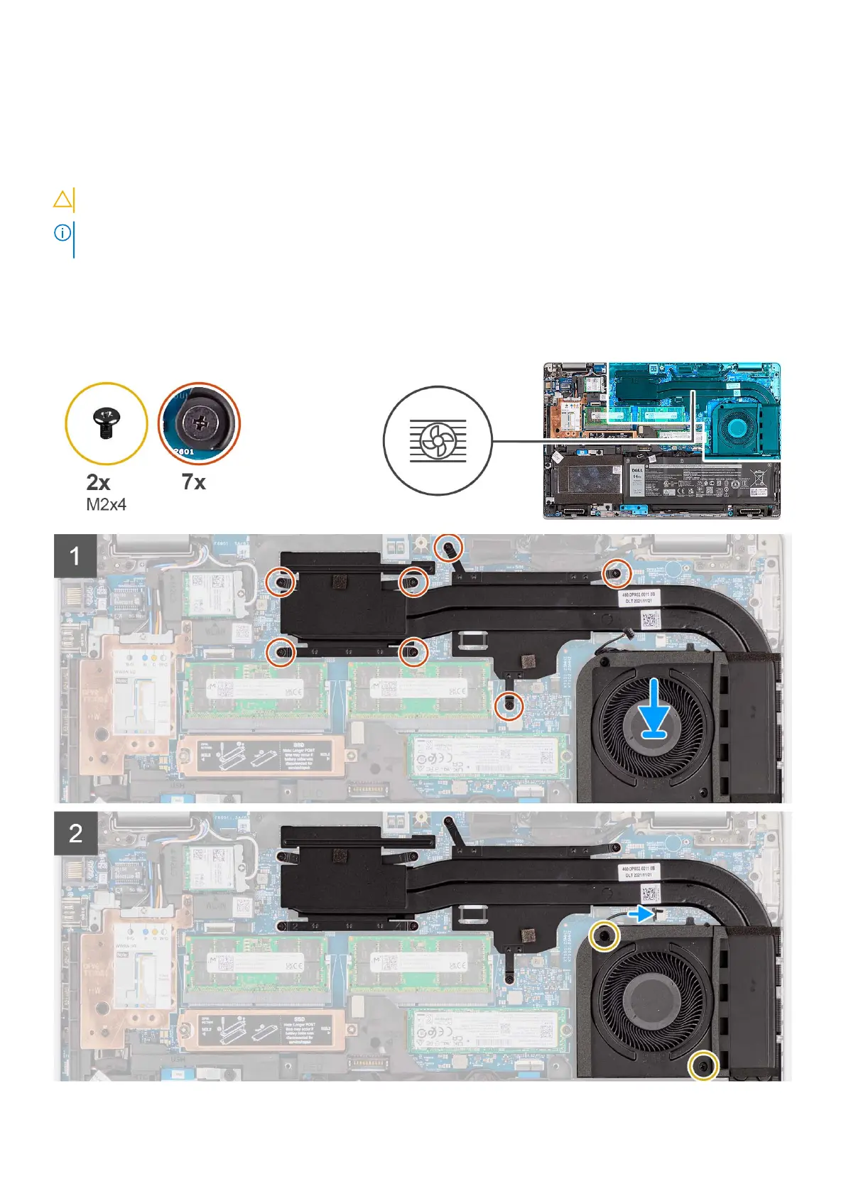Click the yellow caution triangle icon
(x=63, y=200)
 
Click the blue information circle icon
(x=63, y=232)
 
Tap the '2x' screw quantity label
(x=98, y=483)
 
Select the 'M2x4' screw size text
(x=106, y=505)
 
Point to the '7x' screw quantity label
(x=193, y=482)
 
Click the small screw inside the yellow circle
(x=106, y=423)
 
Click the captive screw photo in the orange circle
(x=199, y=423)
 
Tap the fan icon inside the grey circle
(x=438, y=441)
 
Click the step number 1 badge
(x=75, y=555)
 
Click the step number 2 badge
(x=75, y=833)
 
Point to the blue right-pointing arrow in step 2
(x=642, y=913)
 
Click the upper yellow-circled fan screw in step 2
(x=604, y=937)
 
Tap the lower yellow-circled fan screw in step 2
(x=703, y=1065)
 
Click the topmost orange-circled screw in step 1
(x=449, y=547)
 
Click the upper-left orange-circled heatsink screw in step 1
(x=282, y=582)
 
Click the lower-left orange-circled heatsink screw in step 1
(x=282, y=651)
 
